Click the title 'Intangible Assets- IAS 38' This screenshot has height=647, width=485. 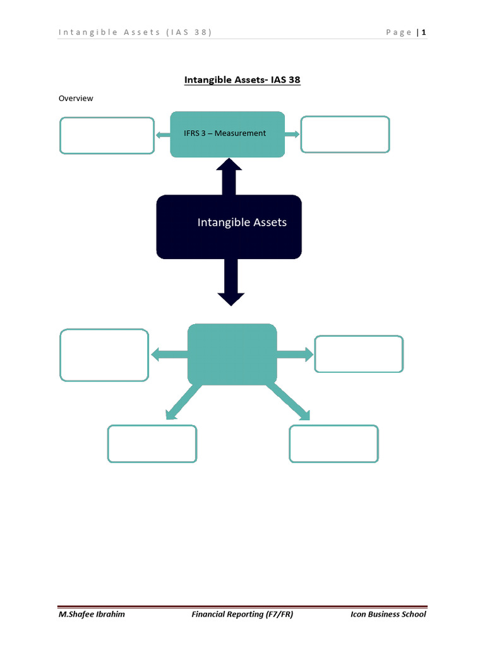click(242, 80)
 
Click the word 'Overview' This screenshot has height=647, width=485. click(76, 99)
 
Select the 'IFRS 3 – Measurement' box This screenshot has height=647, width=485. click(227, 133)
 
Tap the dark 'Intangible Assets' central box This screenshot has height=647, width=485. click(229, 226)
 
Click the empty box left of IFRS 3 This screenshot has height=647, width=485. click(107, 135)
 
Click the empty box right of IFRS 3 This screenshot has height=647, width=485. click(345, 135)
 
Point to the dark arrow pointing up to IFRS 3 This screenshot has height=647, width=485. click(229, 176)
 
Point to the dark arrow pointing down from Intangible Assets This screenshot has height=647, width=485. click(231, 282)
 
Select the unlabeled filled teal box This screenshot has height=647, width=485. click(232, 354)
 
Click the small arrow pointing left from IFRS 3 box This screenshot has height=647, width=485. click(162, 134)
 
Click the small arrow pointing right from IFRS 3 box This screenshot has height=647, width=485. click(292, 134)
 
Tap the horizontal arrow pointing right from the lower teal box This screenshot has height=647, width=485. click(295, 354)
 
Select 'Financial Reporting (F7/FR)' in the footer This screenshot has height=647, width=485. click(242, 614)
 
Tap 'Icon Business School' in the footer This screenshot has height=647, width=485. click(388, 614)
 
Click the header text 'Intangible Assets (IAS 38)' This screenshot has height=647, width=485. click(135, 33)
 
